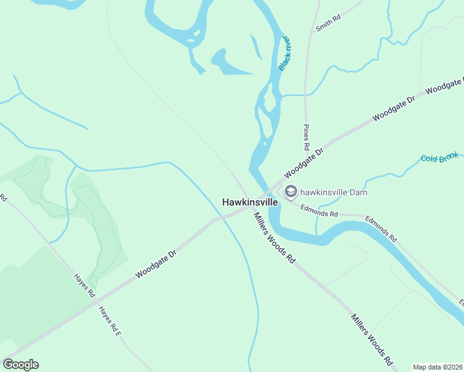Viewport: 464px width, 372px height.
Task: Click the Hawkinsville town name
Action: click(x=250, y=202)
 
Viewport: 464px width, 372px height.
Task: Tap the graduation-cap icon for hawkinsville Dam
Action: click(x=290, y=192)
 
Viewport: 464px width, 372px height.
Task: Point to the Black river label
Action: click(x=285, y=53)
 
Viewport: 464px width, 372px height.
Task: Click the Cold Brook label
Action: click(x=439, y=158)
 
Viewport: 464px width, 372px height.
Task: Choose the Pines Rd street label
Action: click(x=306, y=138)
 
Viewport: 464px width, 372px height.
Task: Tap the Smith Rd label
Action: click(x=328, y=24)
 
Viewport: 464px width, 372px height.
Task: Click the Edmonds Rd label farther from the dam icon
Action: click(x=381, y=228)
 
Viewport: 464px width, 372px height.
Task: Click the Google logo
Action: click(x=20, y=365)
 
